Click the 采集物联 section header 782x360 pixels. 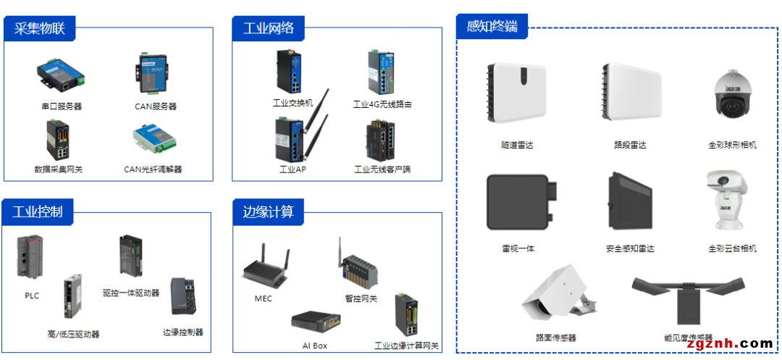(x=40, y=28)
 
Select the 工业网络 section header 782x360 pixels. (x=269, y=28)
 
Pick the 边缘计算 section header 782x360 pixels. (x=269, y=212)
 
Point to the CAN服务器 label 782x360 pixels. (x=156, y=106)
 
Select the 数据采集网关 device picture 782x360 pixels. (x=59, y=140)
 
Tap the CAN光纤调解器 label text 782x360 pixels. (x=153, y=169)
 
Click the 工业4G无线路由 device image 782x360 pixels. (x=382, y=73)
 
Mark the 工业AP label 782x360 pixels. (x=293, y=169)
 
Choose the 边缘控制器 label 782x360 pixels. (x=183, y=332)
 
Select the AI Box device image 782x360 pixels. (x=316, y=322)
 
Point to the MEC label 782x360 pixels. (x=264, y=298)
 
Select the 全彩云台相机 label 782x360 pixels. (x=732, y=248)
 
